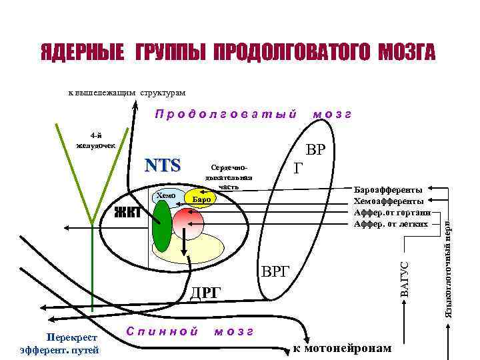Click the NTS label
pos(163,165)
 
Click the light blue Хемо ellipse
pos(165,196)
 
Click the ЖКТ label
pos(128,213)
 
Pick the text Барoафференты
pos(388,190)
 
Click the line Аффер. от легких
pos(388,223)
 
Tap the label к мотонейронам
pos(342,349)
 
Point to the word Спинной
pos(162,331)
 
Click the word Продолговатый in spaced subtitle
pos(225,114)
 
